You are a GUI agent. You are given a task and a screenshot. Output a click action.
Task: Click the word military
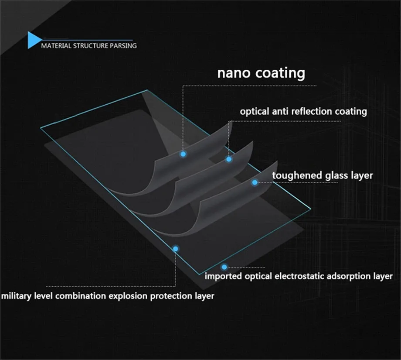tap(17, 296)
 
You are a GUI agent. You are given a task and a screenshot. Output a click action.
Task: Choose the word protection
tap(171, 296)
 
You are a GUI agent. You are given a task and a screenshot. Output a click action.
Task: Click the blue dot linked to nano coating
tap(183, 154)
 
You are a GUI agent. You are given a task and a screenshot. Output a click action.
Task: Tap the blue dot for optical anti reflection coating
tap(229, 159)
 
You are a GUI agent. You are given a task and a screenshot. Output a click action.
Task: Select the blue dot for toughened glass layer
tap(255, 182)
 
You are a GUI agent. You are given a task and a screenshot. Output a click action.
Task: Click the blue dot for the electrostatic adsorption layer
tap(224, 267)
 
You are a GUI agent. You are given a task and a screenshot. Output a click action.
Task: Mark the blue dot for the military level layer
tap(176, 249)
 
